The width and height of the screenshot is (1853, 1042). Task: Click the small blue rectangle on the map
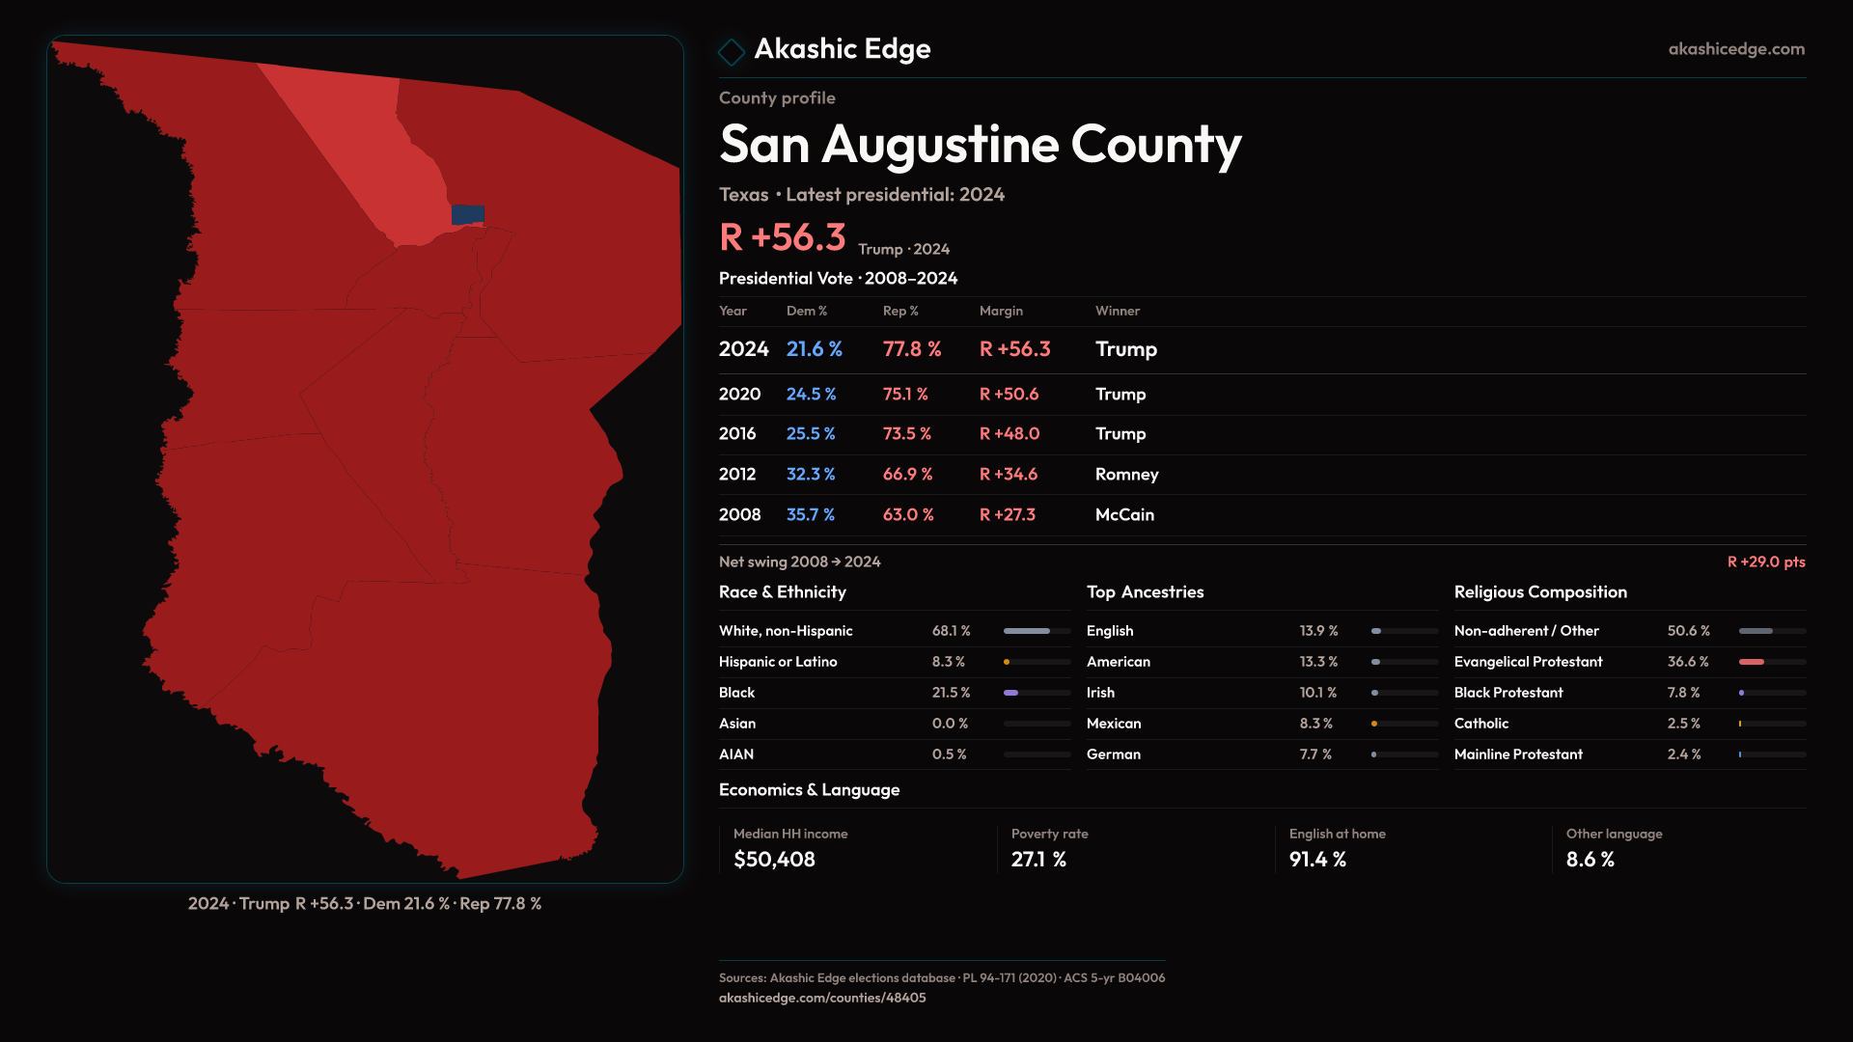pyautogui.click(x=468, y=214)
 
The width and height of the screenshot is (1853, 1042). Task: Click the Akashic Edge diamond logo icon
pyautogui.click(x=732, y=51)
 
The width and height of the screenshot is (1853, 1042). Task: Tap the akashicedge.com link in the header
pyautogui.click(x=1736, y=49)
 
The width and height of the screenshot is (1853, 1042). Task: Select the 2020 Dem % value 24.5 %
pyautogui.click(x=811, y=395)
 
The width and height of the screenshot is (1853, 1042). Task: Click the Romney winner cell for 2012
pyautogui.click(x=1126, y=475)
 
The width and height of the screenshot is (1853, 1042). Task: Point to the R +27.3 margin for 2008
pyautogui.click(x=1007, y=515)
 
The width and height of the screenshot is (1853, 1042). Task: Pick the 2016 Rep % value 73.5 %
pyautogui.click(x=906, y=434)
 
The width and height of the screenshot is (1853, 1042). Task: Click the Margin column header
pyautogui.click(x=1001, y=311)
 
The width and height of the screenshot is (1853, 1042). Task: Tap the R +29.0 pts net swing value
pyautogui.click(x=1765, y=562)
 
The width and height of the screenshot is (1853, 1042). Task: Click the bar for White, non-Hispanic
pyautogui.click(x=1027, y=631)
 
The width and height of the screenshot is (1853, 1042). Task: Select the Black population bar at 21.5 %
pyautogui.click(x=1011, y=693)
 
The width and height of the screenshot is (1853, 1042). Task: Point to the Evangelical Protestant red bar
pyautogui.click(x=1752, y=662)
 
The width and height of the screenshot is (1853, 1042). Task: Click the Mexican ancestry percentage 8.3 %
pyautogui.click(x=1315, y=724)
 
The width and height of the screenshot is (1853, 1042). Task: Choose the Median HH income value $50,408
pyautogui.click(x=774, y=860)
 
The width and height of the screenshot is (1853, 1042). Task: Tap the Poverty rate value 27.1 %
pyautogui.click(x=1038, y=860)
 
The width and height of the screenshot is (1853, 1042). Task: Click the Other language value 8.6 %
pyautogui.click(x=1590, y=860)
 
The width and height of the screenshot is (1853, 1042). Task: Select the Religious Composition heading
pyautogui.click(x=1540, y=592)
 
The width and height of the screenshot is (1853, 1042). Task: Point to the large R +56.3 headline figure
pyautogui.click(x=782, y=237)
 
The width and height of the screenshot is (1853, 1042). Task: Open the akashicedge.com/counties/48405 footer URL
pyautogui.click(x=822, y=999)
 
